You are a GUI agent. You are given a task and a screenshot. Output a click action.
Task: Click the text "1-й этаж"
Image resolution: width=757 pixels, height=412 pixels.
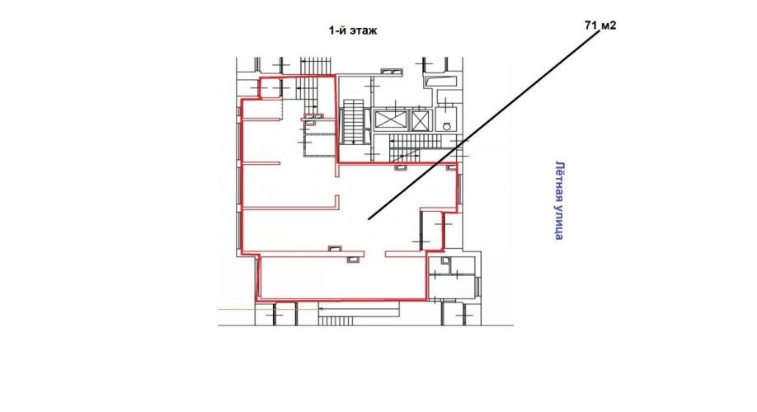352,30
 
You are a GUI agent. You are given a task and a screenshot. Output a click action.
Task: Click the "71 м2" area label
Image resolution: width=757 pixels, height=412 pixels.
600,25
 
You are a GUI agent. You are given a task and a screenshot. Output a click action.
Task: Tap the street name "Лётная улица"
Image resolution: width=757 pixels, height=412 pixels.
560,200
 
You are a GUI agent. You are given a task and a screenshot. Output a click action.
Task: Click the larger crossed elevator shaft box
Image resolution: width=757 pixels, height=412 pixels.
390,120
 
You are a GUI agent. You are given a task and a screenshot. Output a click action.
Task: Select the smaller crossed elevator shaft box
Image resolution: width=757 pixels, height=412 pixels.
419,120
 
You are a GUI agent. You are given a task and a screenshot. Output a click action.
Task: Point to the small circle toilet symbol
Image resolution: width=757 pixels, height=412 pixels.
447,126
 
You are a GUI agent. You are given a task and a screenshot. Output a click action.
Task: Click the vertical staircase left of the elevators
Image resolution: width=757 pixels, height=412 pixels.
354,122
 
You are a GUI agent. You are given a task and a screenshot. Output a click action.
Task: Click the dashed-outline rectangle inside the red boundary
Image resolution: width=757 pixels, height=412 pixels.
318,144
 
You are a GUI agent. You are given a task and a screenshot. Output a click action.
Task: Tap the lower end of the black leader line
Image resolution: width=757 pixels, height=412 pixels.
369,219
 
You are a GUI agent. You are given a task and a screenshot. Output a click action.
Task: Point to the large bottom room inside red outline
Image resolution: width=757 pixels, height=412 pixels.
342,278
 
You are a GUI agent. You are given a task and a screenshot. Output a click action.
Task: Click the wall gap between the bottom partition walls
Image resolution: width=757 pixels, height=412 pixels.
374,253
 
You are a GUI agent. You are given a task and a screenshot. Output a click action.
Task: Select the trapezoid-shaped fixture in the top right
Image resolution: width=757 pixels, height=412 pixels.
440,80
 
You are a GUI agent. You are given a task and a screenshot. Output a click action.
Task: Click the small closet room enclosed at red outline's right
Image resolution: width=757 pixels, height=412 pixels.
433,230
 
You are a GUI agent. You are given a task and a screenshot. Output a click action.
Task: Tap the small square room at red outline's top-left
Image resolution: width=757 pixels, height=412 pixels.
270,87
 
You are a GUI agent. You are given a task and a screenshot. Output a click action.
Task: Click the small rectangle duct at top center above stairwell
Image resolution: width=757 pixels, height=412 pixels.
392,72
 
